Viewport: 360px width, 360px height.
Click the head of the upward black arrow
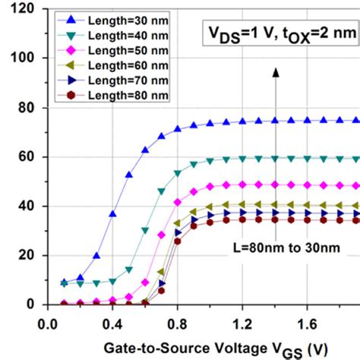tap(276, 72)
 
